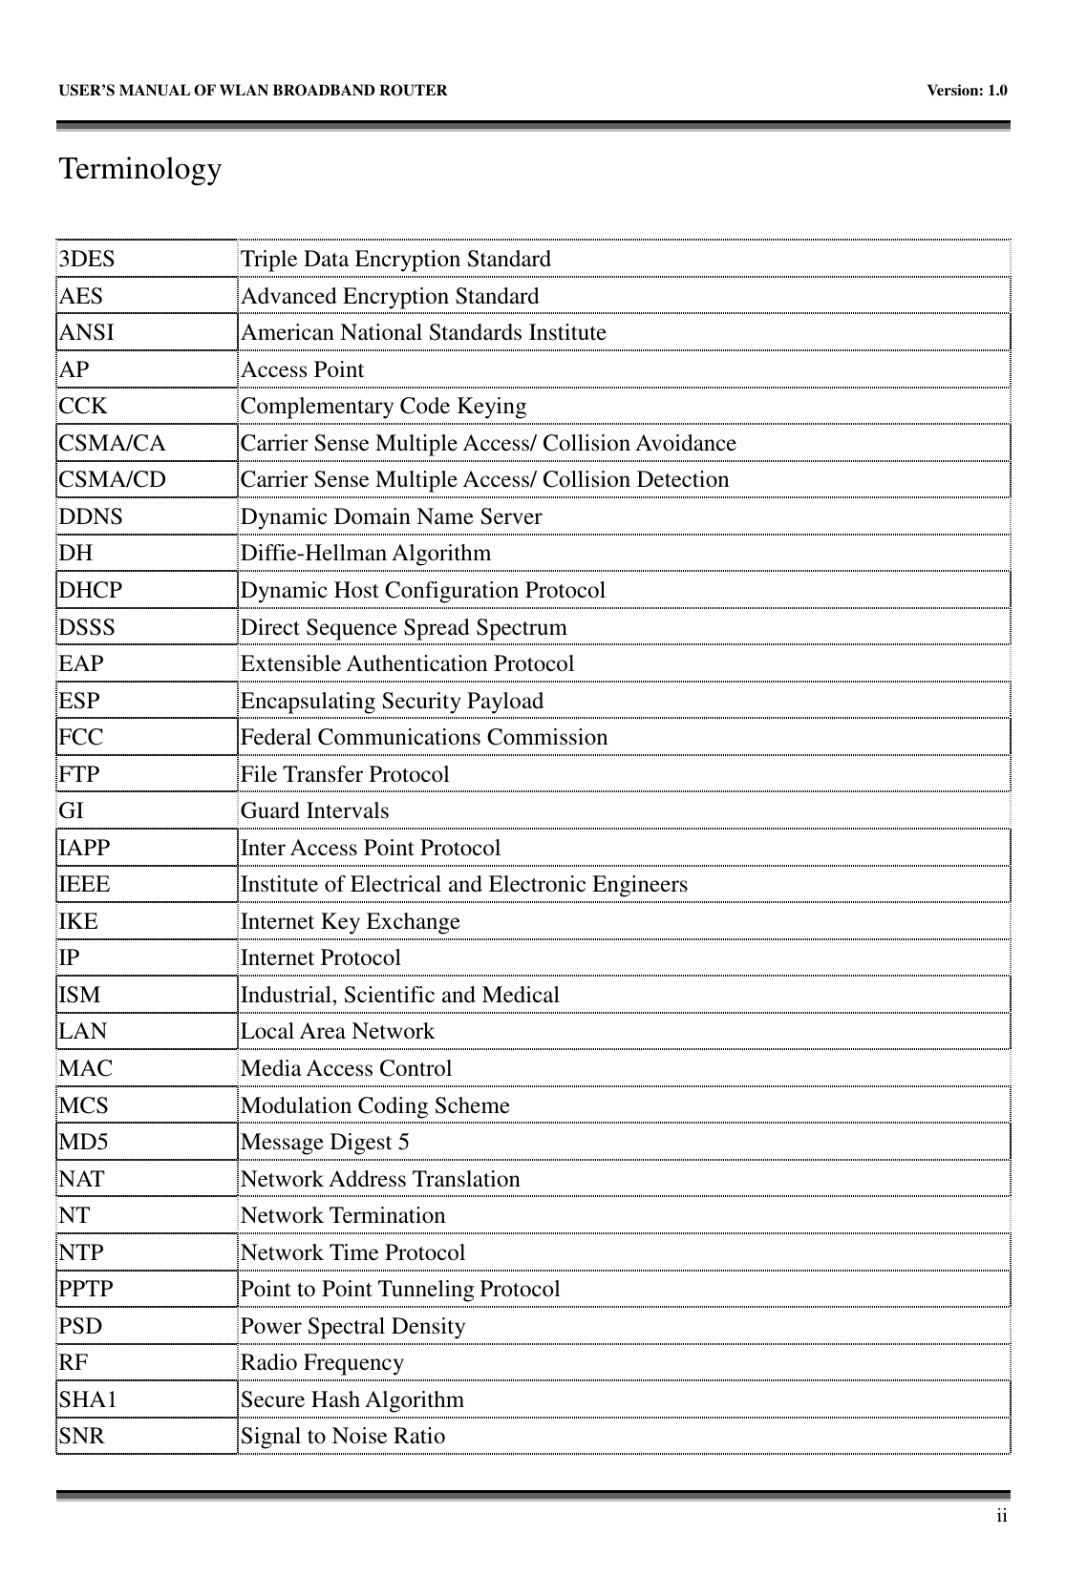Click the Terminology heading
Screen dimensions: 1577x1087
[140, 170]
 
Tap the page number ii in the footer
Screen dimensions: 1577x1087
[1000, 1516]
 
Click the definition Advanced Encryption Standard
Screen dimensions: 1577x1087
[390, 297]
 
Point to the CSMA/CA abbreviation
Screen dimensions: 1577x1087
[112, 444]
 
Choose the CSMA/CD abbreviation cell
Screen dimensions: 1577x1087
[112, 480]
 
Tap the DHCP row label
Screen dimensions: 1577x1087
[91, 591]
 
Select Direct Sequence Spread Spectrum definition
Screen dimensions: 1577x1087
[403, 628]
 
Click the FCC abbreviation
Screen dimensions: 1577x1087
[81, 738]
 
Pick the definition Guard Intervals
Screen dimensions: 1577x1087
[314, 811]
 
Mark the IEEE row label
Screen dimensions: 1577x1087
[84, 885]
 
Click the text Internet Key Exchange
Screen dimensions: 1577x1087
[350, 922]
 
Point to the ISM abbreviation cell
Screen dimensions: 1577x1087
[79, 996]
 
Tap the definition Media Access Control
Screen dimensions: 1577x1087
[346, 1069]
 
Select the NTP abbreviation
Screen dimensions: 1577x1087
[81, 1253]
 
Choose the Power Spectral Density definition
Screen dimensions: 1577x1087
[352, 1327]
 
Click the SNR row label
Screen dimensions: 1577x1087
[82, 1437]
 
